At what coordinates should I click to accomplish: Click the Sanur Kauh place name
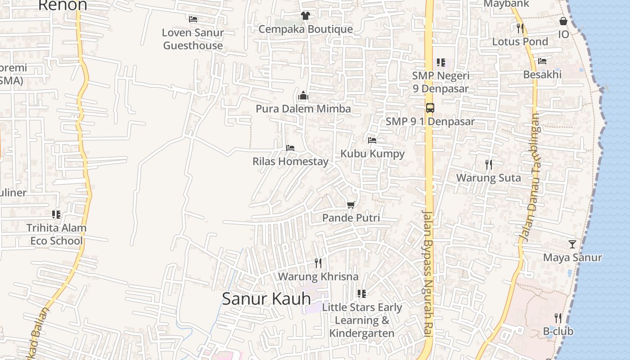[266, 298]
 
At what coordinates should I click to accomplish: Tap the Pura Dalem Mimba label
[303, 109]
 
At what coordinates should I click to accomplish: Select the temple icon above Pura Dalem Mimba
[303, 95]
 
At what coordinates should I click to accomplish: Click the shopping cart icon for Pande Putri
[351, 205]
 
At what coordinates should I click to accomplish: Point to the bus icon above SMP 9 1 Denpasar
[430, 108]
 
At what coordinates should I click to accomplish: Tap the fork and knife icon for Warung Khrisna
[318, 263]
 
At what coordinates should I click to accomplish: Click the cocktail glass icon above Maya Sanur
[572, 244]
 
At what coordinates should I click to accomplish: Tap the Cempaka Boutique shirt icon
[306, 16]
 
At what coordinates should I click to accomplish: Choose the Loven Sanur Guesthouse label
[193, 39]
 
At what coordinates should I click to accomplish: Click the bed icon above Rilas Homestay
[290, 148]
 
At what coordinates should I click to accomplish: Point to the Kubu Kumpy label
[372, 153]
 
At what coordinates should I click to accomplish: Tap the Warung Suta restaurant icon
[489, 165]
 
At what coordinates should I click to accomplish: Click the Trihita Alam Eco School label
[56, 234]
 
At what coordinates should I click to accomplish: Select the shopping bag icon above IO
[563, 21]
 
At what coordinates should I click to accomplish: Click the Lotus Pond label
[520, 42]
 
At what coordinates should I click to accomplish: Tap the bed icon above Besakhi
[542, 61]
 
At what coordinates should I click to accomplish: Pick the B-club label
[558, 332]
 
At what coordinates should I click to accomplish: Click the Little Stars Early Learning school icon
[362, 294]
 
